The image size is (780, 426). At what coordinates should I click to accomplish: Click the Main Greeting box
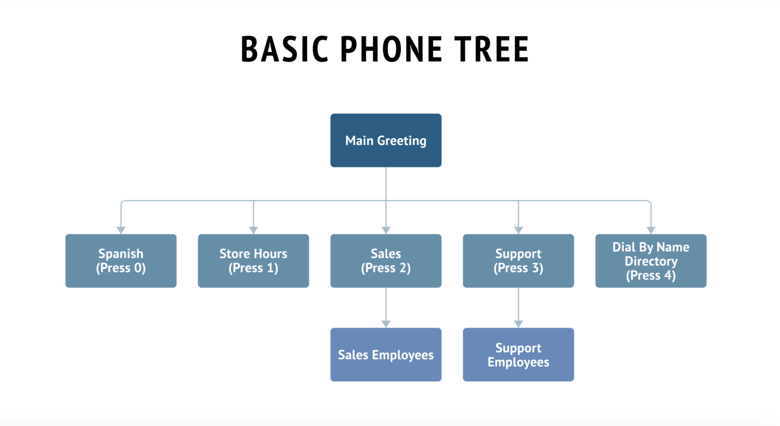pos(385,140)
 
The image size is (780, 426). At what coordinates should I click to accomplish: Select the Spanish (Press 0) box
pos(121,260)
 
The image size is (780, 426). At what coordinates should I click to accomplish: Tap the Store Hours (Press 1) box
pos(253,260)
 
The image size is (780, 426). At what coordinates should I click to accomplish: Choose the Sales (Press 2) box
pos(385,260)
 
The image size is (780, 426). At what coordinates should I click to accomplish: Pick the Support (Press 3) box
pos(518,260)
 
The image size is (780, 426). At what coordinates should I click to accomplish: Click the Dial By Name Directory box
pos(651,260)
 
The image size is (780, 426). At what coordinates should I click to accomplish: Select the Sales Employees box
pos(385,354)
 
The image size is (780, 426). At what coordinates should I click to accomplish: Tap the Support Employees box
pos(518,354)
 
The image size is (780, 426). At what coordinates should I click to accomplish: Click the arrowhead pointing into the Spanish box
pos(121,231)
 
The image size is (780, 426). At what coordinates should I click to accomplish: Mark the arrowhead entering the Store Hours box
pos(253,231)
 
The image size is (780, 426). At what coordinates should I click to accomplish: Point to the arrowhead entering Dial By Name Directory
pos(651,231)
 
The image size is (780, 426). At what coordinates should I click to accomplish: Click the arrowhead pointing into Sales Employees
pos(386,324)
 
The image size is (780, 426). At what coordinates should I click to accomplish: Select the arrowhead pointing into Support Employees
pos(518,324)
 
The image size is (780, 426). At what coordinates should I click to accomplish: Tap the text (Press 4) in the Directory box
pos(651,276)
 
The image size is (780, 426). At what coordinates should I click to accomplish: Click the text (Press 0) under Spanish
pos(121,268)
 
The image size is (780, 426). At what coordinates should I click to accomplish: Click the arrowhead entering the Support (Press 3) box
pos(518,231)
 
